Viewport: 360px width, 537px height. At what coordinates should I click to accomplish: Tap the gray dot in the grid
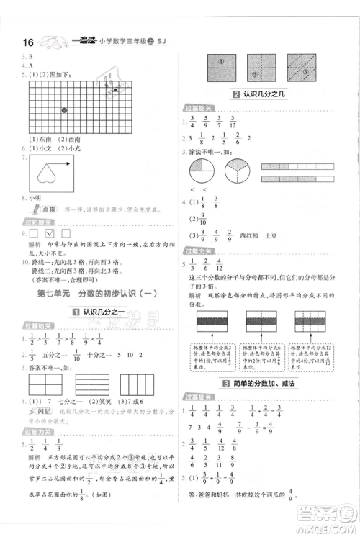click(x=64, y=110)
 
